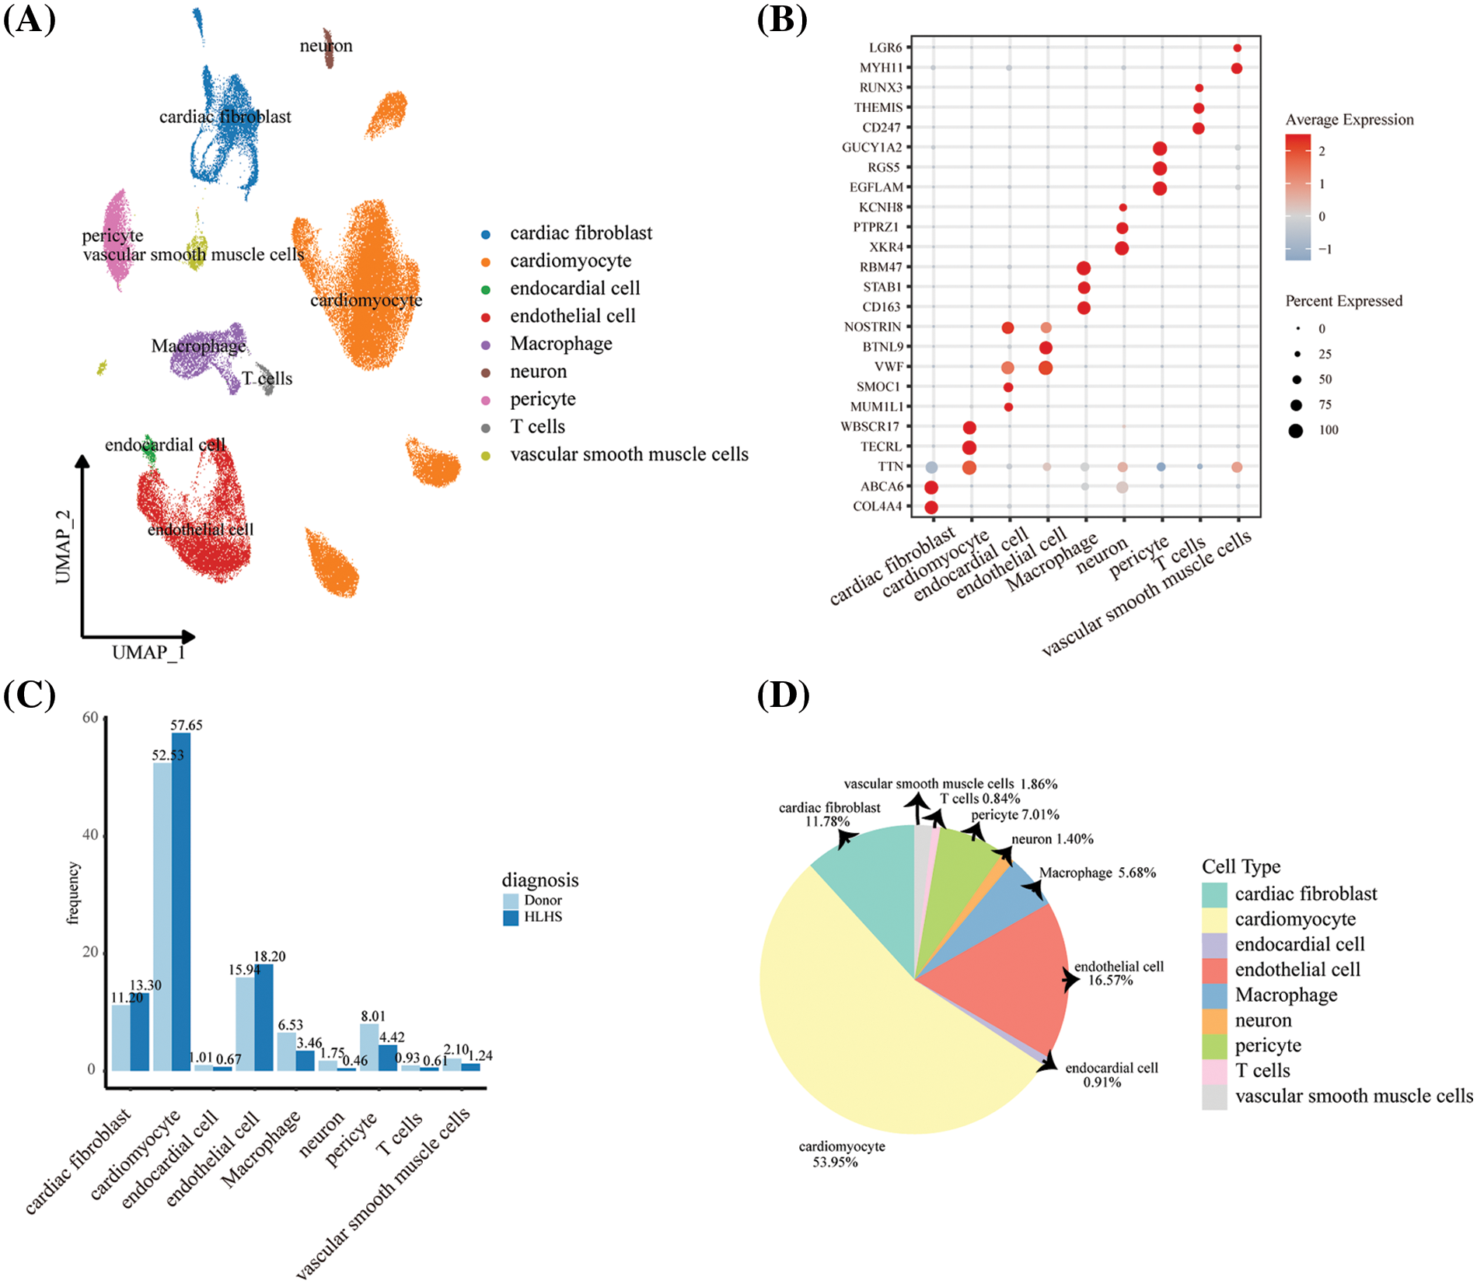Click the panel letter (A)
30,19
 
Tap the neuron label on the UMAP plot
326,46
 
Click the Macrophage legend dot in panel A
486,345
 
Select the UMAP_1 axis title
148,652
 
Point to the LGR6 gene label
885,48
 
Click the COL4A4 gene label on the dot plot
878,507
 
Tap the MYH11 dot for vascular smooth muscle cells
1237,68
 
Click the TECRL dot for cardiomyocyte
969,447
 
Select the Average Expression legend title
1349,120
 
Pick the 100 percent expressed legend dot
1295,430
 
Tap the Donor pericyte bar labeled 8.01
369,1046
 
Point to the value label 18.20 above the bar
270,957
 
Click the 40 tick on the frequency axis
90,835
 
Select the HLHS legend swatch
511,918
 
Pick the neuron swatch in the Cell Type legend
1214,1020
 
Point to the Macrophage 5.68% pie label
1097,873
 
